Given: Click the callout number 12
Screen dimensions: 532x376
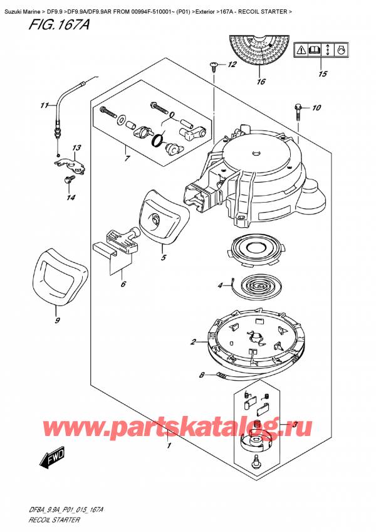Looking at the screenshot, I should coord(232,65).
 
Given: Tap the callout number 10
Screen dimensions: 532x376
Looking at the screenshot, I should coord(316,108).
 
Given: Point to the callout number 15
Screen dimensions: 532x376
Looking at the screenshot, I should coord(323,74).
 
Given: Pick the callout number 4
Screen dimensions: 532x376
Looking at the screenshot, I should coord(220,287).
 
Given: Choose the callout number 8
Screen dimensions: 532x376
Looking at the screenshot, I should coord(201,376).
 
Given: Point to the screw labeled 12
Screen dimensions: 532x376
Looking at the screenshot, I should coord(215,65).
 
